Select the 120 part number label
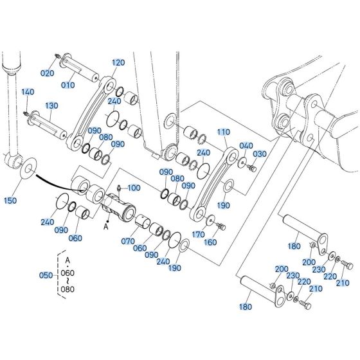pyautogui.click(x=118, y=63)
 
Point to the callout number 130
pyautogui.click(x=51, y=105)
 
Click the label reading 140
pyautogui.click(x=28, y=93)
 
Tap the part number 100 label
pyautogui.click(x=133, y=187)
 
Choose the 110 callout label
pyautogui.click(x=223, y=132)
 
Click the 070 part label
pyautogui.click(x=127, y=241)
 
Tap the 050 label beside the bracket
pyautogui.click(x=46, y=275)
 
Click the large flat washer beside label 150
pyautogui.click(x=30, y=170)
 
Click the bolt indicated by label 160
pyautogui.click(x=221, y=226)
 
